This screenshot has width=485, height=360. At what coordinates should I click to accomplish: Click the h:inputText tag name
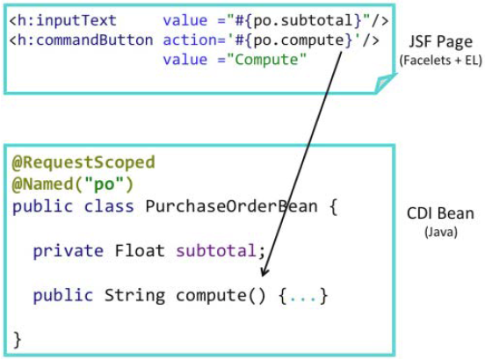point(67,21)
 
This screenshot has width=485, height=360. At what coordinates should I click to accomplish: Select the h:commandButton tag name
point(85,40)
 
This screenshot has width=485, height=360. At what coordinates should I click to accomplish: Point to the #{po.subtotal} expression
point(298,21)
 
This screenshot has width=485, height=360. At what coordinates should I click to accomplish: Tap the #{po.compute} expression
point(293,40)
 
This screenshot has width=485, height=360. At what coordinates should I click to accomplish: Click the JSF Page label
point(441,42)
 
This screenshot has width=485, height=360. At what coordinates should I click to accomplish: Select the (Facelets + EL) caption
point(441,61)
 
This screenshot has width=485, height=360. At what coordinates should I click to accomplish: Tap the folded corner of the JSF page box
point(384,83)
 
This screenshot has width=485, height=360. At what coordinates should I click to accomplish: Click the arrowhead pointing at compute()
point(264,272)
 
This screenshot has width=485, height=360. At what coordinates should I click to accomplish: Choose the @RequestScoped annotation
point(83,162)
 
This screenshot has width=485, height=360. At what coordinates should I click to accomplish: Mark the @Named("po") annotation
point(73,184)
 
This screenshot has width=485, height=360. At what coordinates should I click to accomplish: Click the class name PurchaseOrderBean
point(232,206)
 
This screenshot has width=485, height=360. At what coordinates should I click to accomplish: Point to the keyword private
point(68,251)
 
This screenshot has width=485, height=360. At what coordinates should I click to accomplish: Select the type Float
point(140,250)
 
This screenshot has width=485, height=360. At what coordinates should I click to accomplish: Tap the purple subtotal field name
point(216,250)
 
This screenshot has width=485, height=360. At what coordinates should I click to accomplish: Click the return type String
point(134,295)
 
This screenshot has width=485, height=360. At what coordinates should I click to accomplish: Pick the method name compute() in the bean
point(221,295)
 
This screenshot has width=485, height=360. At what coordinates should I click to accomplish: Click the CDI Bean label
point(440,213)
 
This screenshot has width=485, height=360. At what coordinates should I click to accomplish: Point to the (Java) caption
point(441,232)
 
